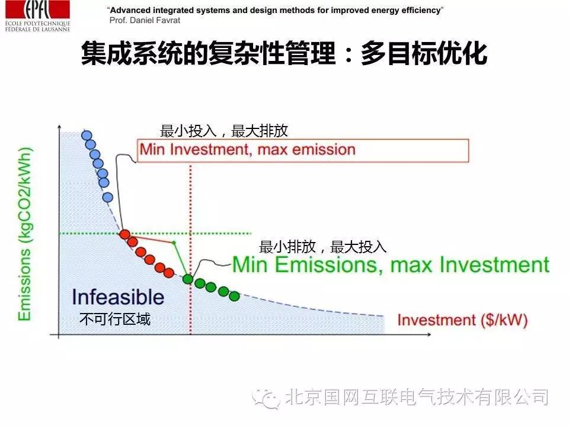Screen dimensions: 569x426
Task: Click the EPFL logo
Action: (37, 16)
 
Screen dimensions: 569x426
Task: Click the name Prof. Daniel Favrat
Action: (145, 20)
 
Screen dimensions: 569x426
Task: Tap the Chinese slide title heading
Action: (284, 53)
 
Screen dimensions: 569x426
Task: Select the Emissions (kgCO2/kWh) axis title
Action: (25, 234)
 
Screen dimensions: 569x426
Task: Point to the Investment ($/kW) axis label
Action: (462, 320)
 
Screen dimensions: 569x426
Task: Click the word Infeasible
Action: (118, 297)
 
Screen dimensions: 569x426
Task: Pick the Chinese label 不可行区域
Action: (114, 319)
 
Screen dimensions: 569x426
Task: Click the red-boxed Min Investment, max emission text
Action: (248, 150)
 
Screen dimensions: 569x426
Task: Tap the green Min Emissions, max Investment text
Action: (391, 265)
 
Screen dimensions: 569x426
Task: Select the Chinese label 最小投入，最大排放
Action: (224, 131)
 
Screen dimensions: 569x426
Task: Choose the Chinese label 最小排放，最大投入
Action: (322, 247)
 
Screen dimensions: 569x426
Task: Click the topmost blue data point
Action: (87, 135)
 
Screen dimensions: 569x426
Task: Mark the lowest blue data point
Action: (107, 198)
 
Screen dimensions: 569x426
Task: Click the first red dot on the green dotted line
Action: (125, 234)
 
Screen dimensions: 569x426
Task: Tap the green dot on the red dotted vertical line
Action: (188, 279)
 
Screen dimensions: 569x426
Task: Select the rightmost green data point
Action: (235, 296)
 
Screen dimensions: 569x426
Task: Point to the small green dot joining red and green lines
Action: (174, 243)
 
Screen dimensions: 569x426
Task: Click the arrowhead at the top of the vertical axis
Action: (59, 127)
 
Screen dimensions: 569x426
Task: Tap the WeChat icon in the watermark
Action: (266, 399)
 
